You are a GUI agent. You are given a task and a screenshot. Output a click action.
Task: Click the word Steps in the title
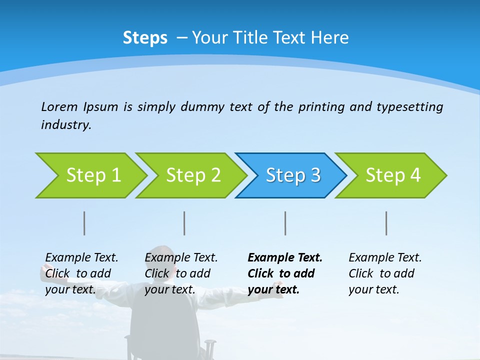[145, 37]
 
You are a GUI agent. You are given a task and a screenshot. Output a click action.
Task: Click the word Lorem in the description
[59, 106]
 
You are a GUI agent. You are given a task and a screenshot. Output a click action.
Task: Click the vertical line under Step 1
[84, 223]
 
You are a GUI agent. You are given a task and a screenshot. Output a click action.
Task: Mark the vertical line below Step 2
[184, 223]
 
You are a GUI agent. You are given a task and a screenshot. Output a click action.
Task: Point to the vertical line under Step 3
[285, 223]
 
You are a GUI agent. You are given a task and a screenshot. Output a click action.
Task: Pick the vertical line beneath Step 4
[386, 223]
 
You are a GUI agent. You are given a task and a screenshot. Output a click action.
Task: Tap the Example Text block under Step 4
[384, 273]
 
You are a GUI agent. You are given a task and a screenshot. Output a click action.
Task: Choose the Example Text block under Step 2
[180, 273]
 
